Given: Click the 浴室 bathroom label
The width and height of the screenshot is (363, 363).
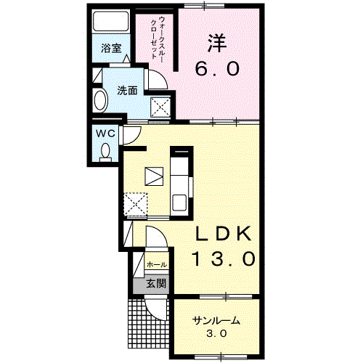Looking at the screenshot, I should [111, 49].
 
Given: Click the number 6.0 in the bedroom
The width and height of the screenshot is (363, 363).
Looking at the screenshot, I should [216, 69].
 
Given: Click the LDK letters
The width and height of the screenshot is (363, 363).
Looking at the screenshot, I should [224, 234].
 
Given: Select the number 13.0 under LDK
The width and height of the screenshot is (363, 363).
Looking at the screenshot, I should [224, 258].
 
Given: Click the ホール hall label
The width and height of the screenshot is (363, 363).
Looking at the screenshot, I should [157, 265].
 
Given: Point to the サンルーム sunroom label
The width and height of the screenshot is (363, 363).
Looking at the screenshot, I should [216, 321].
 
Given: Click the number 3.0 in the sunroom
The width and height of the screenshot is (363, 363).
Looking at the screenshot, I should [216, 335].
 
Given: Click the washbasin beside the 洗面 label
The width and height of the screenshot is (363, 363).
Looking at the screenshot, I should [99, 99].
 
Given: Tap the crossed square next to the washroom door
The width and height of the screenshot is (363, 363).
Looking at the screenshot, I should [161, 107].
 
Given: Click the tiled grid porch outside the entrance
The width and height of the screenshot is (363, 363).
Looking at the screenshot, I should [145, 327].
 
